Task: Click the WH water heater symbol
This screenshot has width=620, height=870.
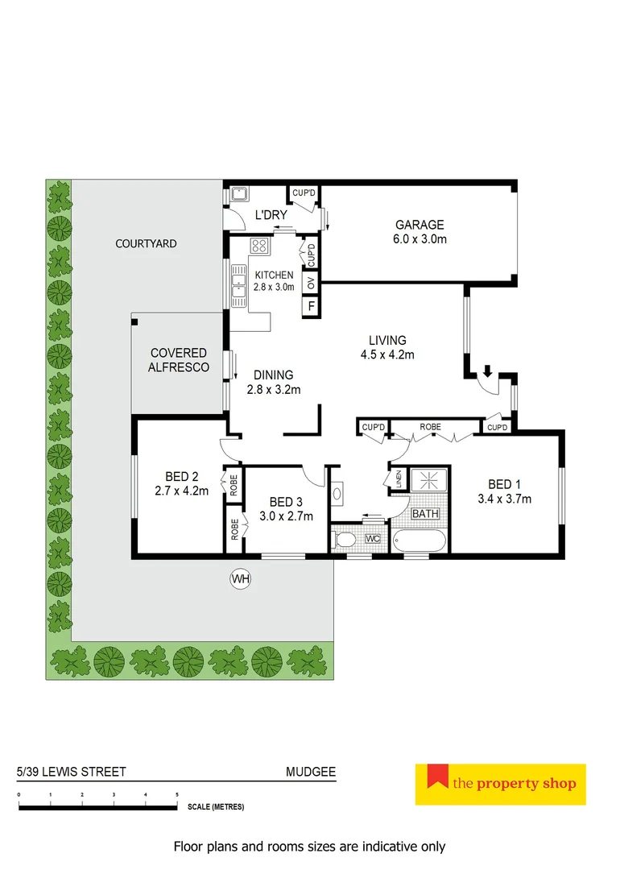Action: click(239, 578)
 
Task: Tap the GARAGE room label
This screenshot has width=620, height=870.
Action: click(419, 225)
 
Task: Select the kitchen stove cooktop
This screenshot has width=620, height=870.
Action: click(259, 246)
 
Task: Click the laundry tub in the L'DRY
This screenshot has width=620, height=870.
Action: click(238, 194)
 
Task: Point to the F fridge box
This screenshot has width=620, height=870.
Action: click(311, 306)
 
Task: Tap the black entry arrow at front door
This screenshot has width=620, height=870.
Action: click(487, 371)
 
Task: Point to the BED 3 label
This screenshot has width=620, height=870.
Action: click(286, 501)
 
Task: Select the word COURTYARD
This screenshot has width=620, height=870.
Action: click(146, 243)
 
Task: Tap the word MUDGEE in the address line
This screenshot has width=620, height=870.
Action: click(311, 772)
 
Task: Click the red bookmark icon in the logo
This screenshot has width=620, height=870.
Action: click(437, 777)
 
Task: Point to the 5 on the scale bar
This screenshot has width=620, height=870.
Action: click(177, 795)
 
